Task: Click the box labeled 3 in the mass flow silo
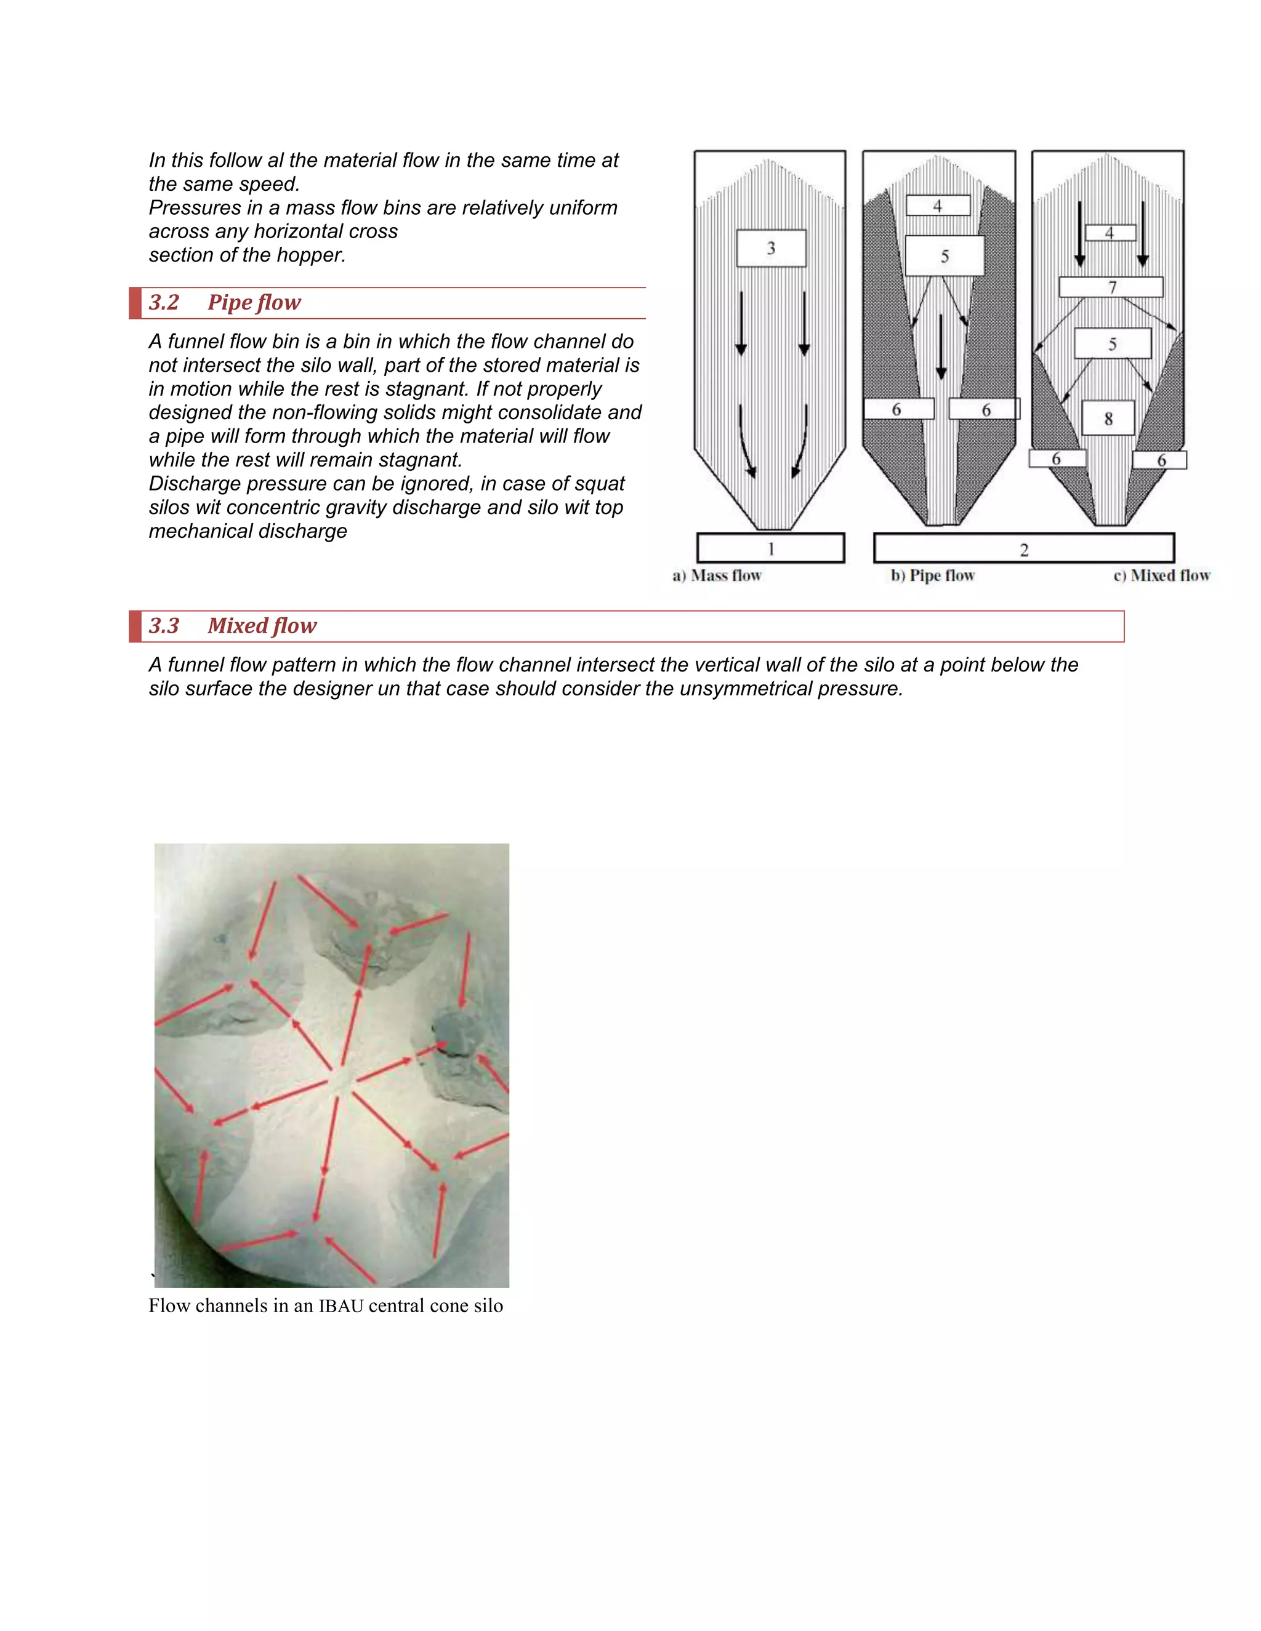pyautogui.click(x=771, y=248)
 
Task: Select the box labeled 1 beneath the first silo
pyautogui.click(x=770, y=548)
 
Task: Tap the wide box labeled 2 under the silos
pyautogui.click(x=1023, y=549)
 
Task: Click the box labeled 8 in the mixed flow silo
pyautogui.click(x=1108, y=418)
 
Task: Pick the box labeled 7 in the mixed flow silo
pyautogui.click(x=1111, y=287)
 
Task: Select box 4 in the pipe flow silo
pyautogui.click(x=938, y=206)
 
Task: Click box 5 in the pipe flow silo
pyautogui.click(x=945, y=256)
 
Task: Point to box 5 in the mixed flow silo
pyautogui.click(x=1113, y=343)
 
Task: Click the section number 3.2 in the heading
pyautogui.click(x=164, y=302)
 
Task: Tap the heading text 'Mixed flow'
pyautogui.click(x=262, y=626)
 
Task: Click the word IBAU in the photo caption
pyautogui.click(x=340, y=1306)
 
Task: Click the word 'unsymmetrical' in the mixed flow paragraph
pyautogui.click(x=728, y=689)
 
